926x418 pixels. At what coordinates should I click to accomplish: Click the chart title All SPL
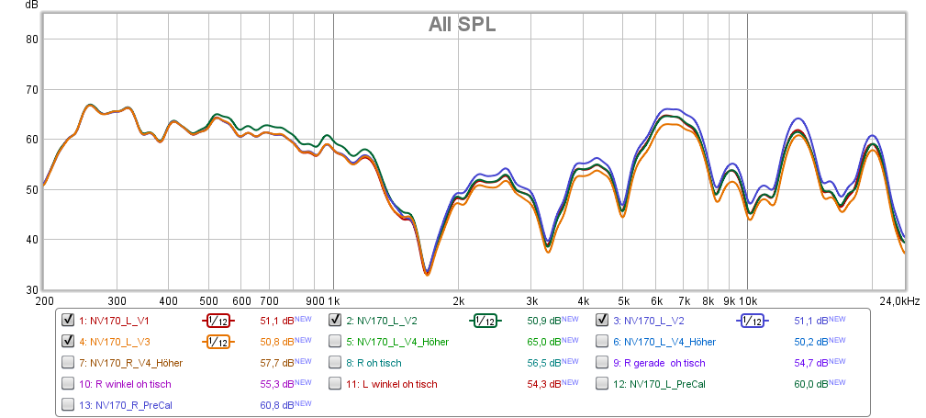(462, 25)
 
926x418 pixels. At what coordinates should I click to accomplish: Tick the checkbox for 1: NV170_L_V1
(68, 321)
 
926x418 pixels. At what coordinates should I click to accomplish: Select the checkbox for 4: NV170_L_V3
(68, 342)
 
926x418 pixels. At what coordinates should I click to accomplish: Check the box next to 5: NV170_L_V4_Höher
(336, 342)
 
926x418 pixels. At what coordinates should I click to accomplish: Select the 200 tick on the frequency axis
(44, 301)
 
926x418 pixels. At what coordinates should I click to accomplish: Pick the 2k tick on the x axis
(459, 301)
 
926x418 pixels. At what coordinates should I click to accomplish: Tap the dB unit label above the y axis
(31, 6)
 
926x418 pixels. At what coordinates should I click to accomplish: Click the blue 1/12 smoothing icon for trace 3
(753, 321)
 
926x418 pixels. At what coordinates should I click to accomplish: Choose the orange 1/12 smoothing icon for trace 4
(218, 342)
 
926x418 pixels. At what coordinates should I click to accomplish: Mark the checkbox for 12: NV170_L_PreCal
(604, 384)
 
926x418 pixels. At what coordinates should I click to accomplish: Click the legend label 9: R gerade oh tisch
(660, 363)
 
